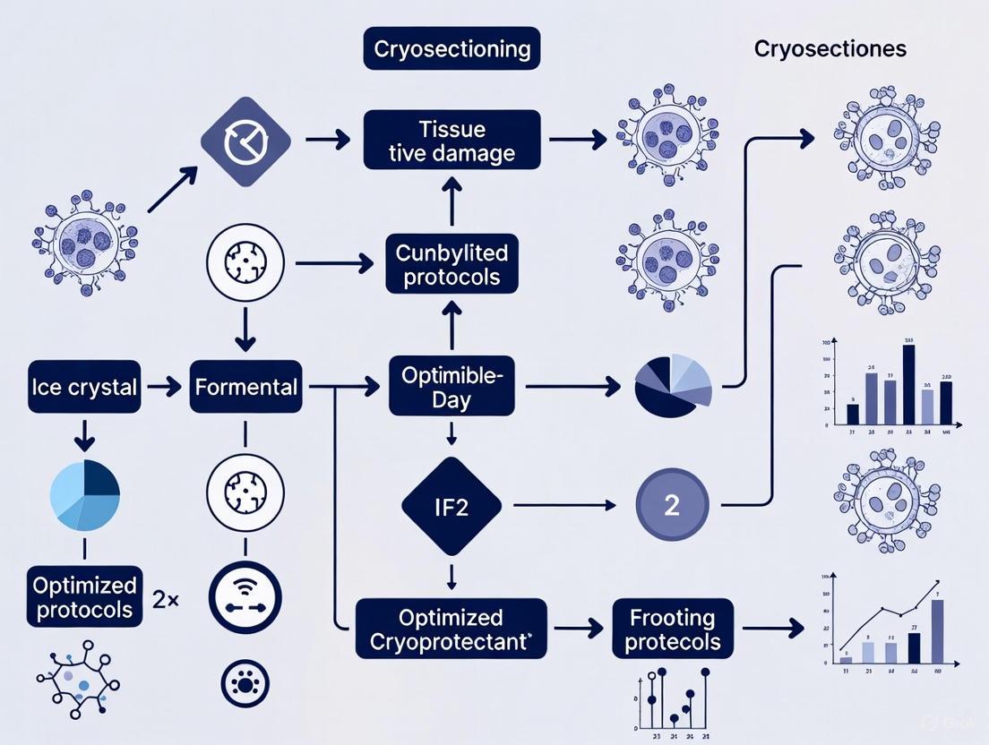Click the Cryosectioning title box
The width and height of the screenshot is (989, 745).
[451, 48]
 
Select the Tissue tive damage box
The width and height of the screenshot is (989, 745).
[451, 140]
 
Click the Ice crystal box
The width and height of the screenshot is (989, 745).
[82, 387]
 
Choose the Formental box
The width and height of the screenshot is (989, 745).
[245, 387]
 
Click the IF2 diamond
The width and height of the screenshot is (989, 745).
[451, 505]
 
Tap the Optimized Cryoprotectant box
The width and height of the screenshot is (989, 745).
[451, 629]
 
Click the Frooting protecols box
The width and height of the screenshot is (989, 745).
[673, 629]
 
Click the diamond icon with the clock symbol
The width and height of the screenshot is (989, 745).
[245, 141]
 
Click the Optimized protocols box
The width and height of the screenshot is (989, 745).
[84, 598]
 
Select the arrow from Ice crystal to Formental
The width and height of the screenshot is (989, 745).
[164, 387]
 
